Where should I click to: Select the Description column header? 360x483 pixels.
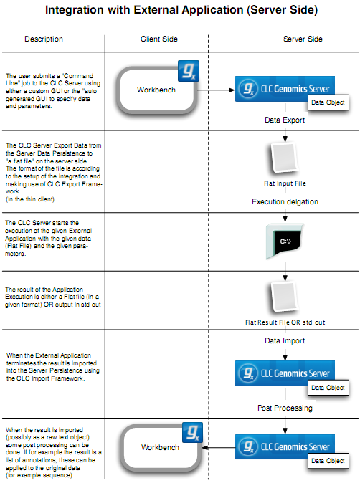coord(43,39)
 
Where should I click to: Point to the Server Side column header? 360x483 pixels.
coord(285,39)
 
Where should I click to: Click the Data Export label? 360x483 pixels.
coord(285,120)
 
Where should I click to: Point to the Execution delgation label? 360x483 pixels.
coord(285,202)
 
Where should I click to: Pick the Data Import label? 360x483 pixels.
coord(285,341)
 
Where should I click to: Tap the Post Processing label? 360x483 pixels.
coord(285,408)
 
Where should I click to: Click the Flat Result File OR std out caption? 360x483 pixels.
coord(285,322)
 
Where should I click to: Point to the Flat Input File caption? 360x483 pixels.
coord(285,183)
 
